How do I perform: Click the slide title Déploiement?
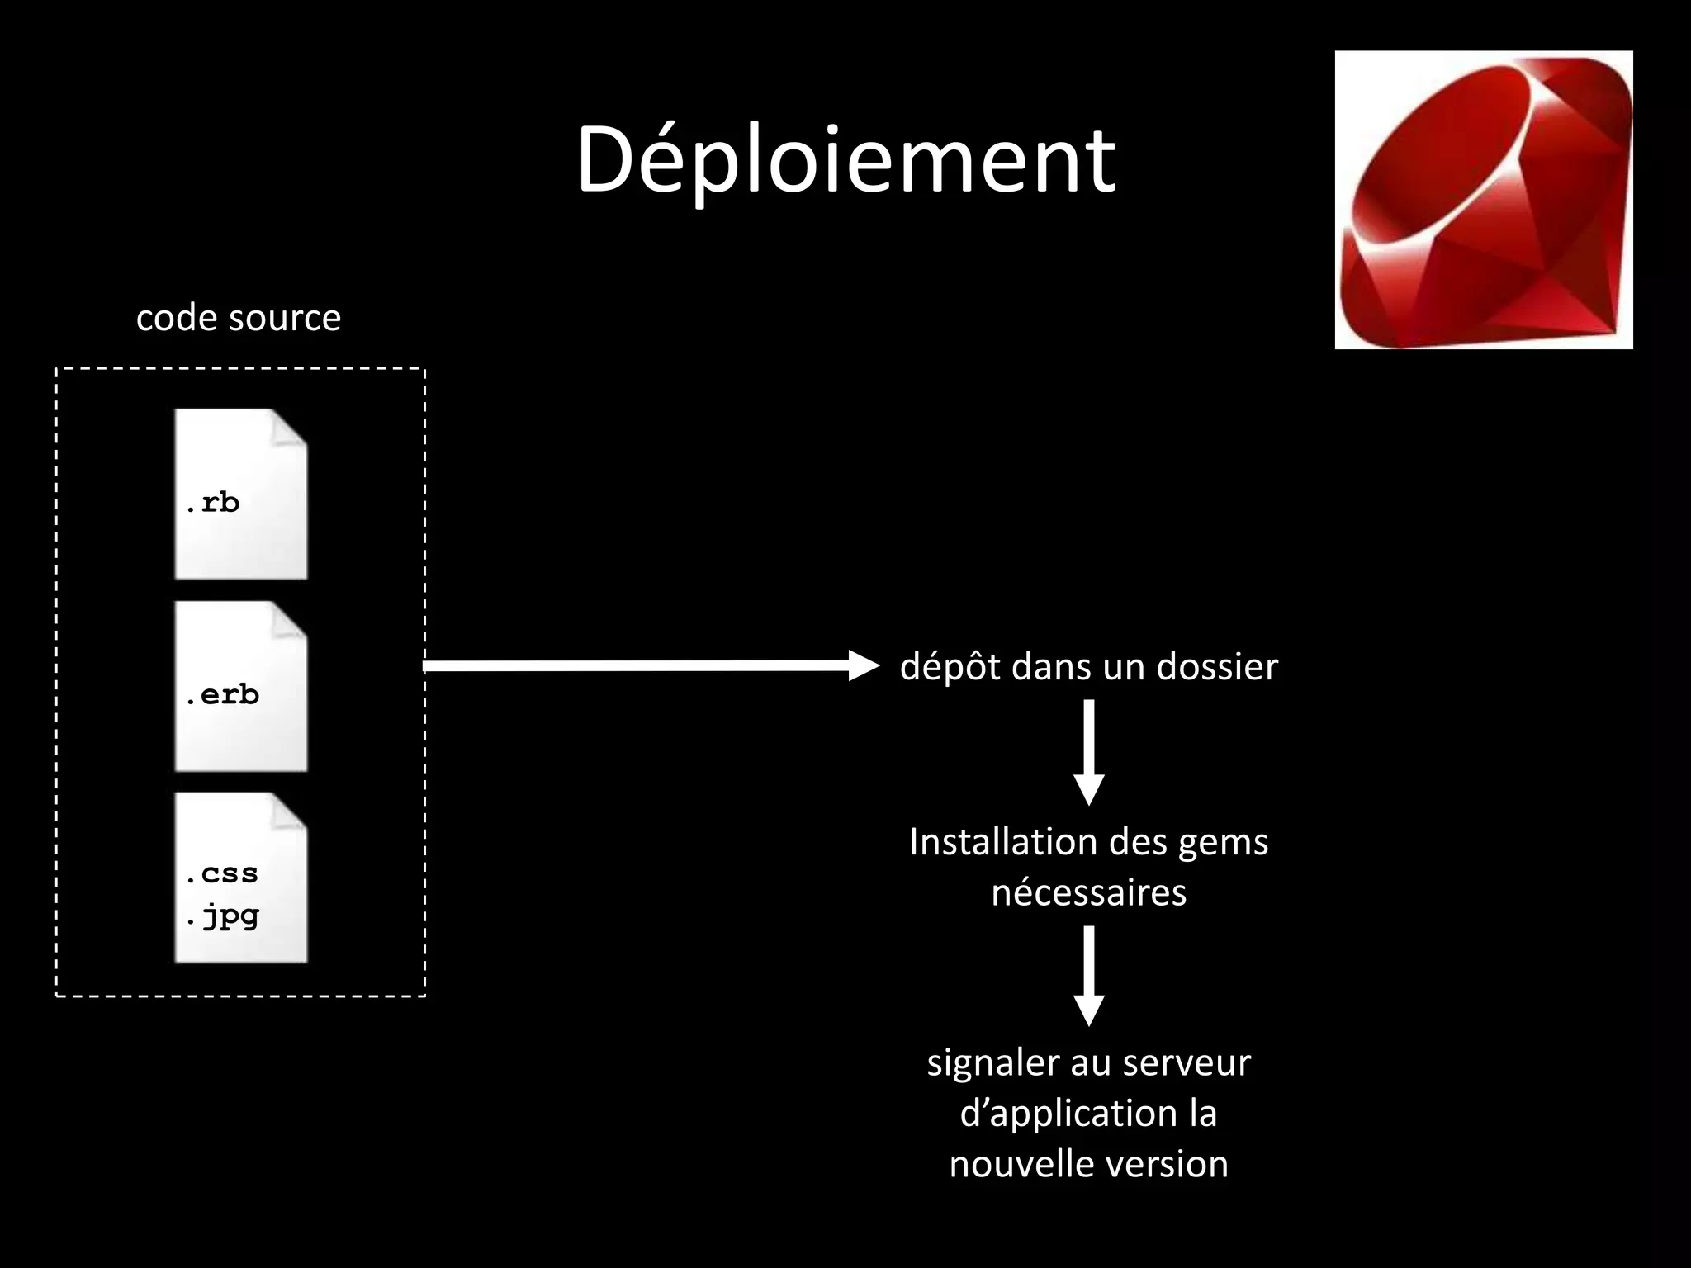[845, 160]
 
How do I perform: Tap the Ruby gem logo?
[1483, 200]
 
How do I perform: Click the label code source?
[239, 318]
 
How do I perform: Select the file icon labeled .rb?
[240, 494]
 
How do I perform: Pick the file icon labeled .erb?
[240, 686]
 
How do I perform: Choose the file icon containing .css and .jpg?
[240, 878]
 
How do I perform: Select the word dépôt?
[950, 666]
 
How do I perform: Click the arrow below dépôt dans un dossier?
[1088, 751]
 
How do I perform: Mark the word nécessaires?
[1088, 892]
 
